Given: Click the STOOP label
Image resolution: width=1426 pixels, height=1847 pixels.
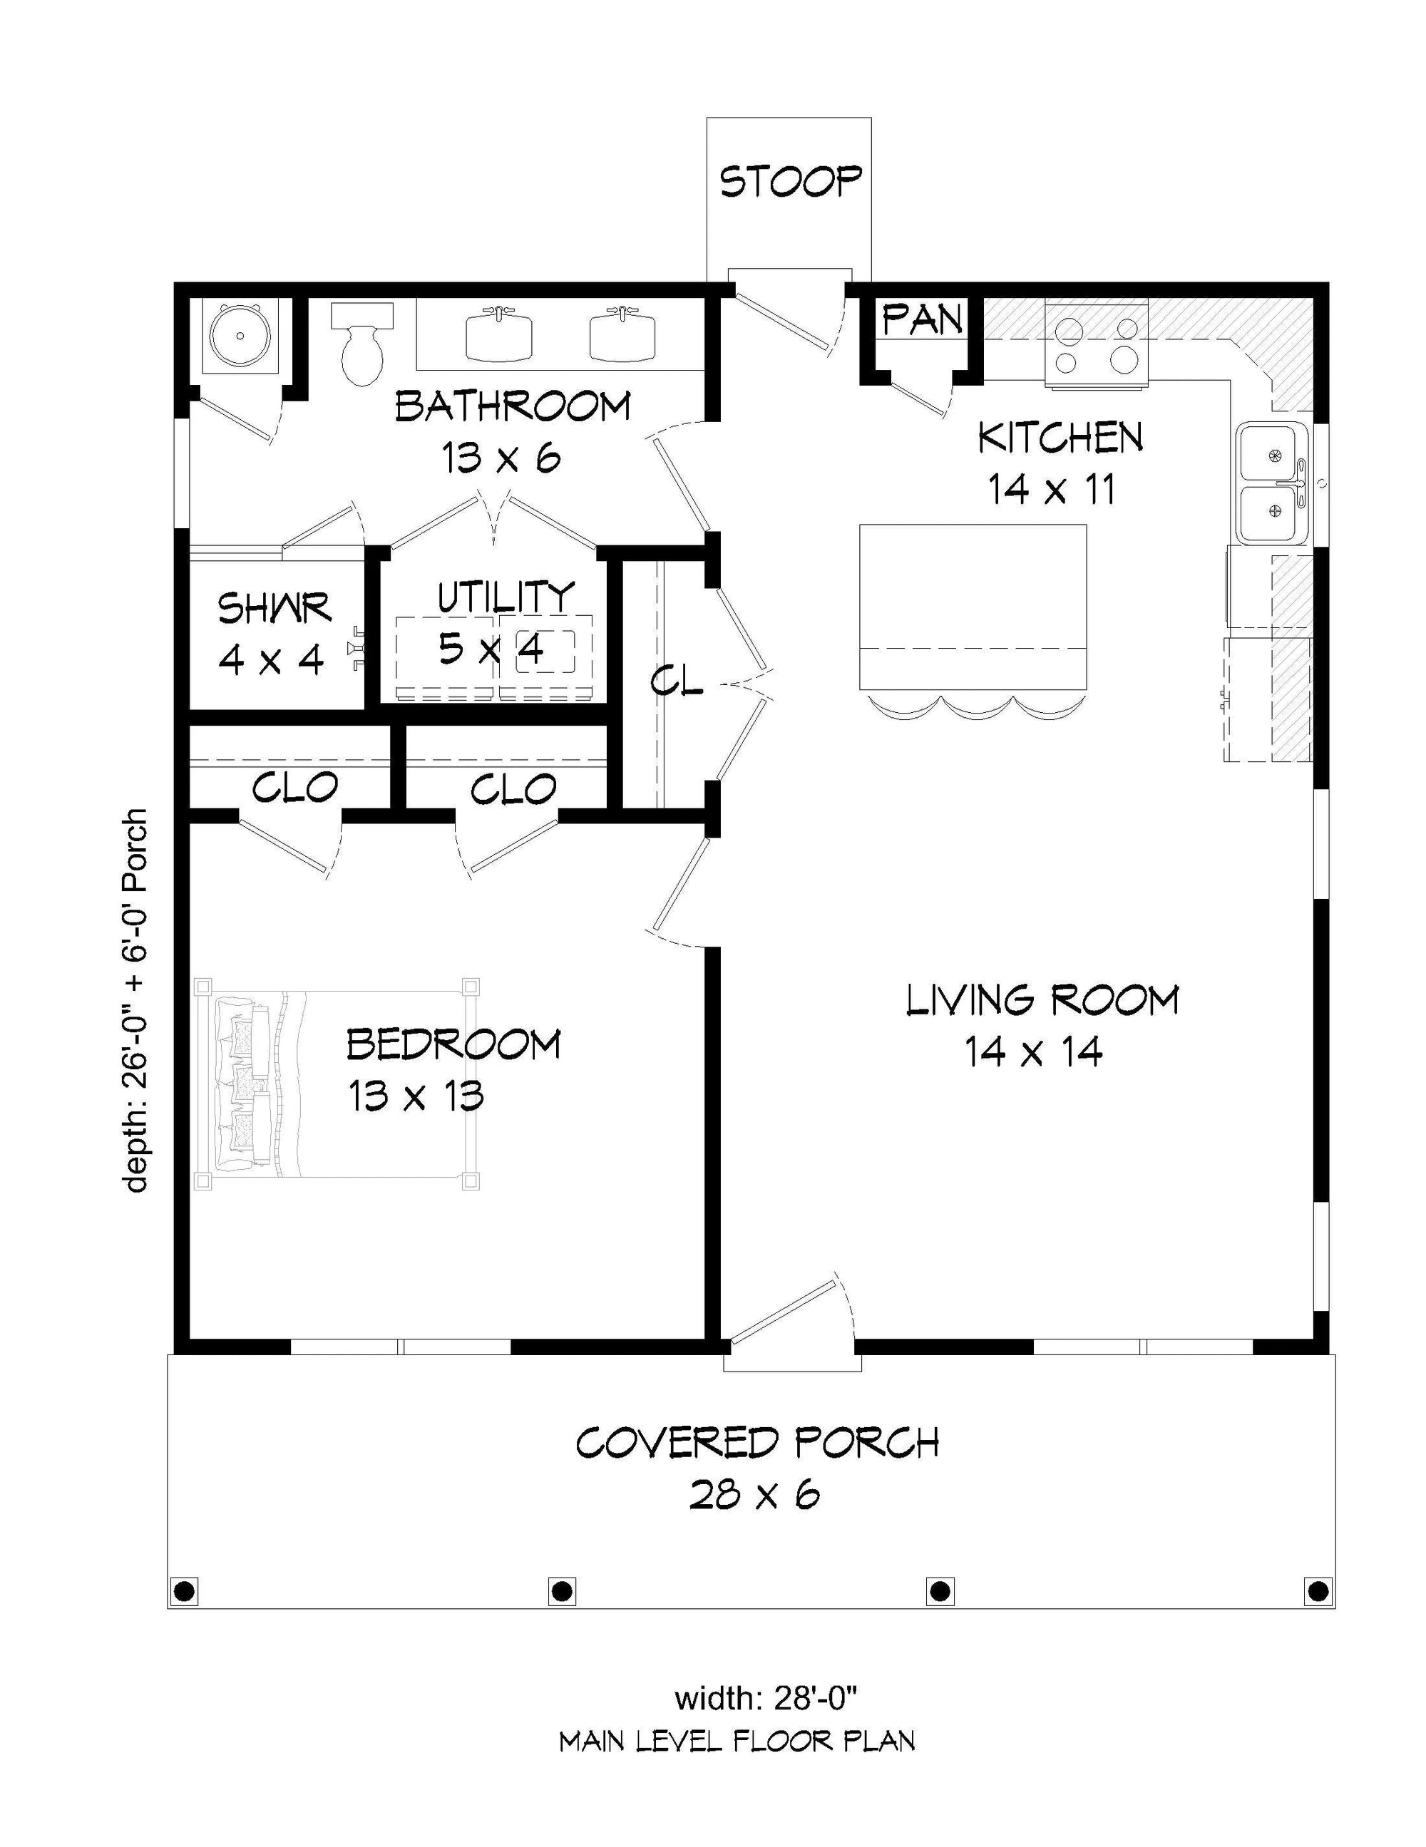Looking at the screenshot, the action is [790, 181].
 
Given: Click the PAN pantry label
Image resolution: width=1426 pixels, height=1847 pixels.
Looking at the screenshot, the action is [922, 319].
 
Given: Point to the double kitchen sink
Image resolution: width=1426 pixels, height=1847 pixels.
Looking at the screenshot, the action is [1273, 483].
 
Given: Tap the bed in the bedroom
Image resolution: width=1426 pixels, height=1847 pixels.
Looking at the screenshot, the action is [337, 1084].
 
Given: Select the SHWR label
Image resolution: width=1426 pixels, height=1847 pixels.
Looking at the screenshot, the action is [274, 608].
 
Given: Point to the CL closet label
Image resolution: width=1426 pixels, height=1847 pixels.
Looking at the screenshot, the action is [677, 681].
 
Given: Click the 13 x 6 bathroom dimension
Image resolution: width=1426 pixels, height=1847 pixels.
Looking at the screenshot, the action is [501, 458].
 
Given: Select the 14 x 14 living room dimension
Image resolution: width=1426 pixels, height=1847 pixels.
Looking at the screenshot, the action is [1034, 1051].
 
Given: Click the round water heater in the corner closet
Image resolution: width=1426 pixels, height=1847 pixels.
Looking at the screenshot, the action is [241, 336].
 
